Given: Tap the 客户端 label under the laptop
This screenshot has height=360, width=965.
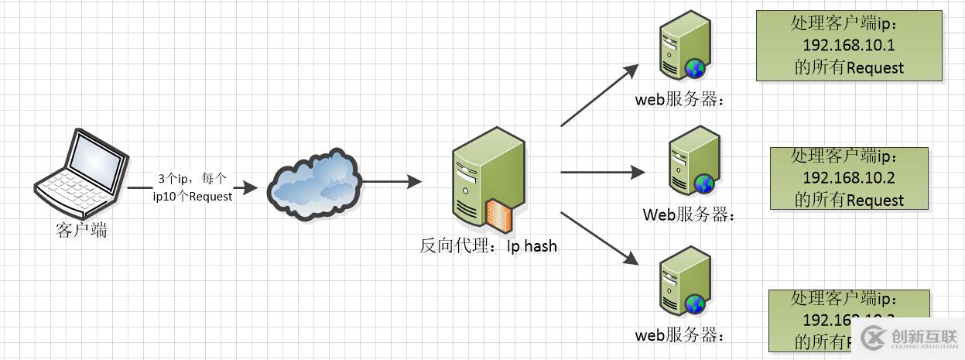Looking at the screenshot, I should coord(81,230).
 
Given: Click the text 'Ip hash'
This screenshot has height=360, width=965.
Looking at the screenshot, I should coord(532,247).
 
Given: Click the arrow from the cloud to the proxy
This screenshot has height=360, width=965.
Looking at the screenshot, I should coord(391,182).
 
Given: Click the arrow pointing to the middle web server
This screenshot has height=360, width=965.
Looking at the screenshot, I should coord(602,173).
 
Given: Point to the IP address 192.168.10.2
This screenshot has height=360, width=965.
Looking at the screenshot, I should coord(849,178).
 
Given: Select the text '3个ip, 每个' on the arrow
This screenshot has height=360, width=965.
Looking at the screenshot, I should coord(192,178).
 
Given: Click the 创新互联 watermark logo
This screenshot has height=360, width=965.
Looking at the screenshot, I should coord(909,337).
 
